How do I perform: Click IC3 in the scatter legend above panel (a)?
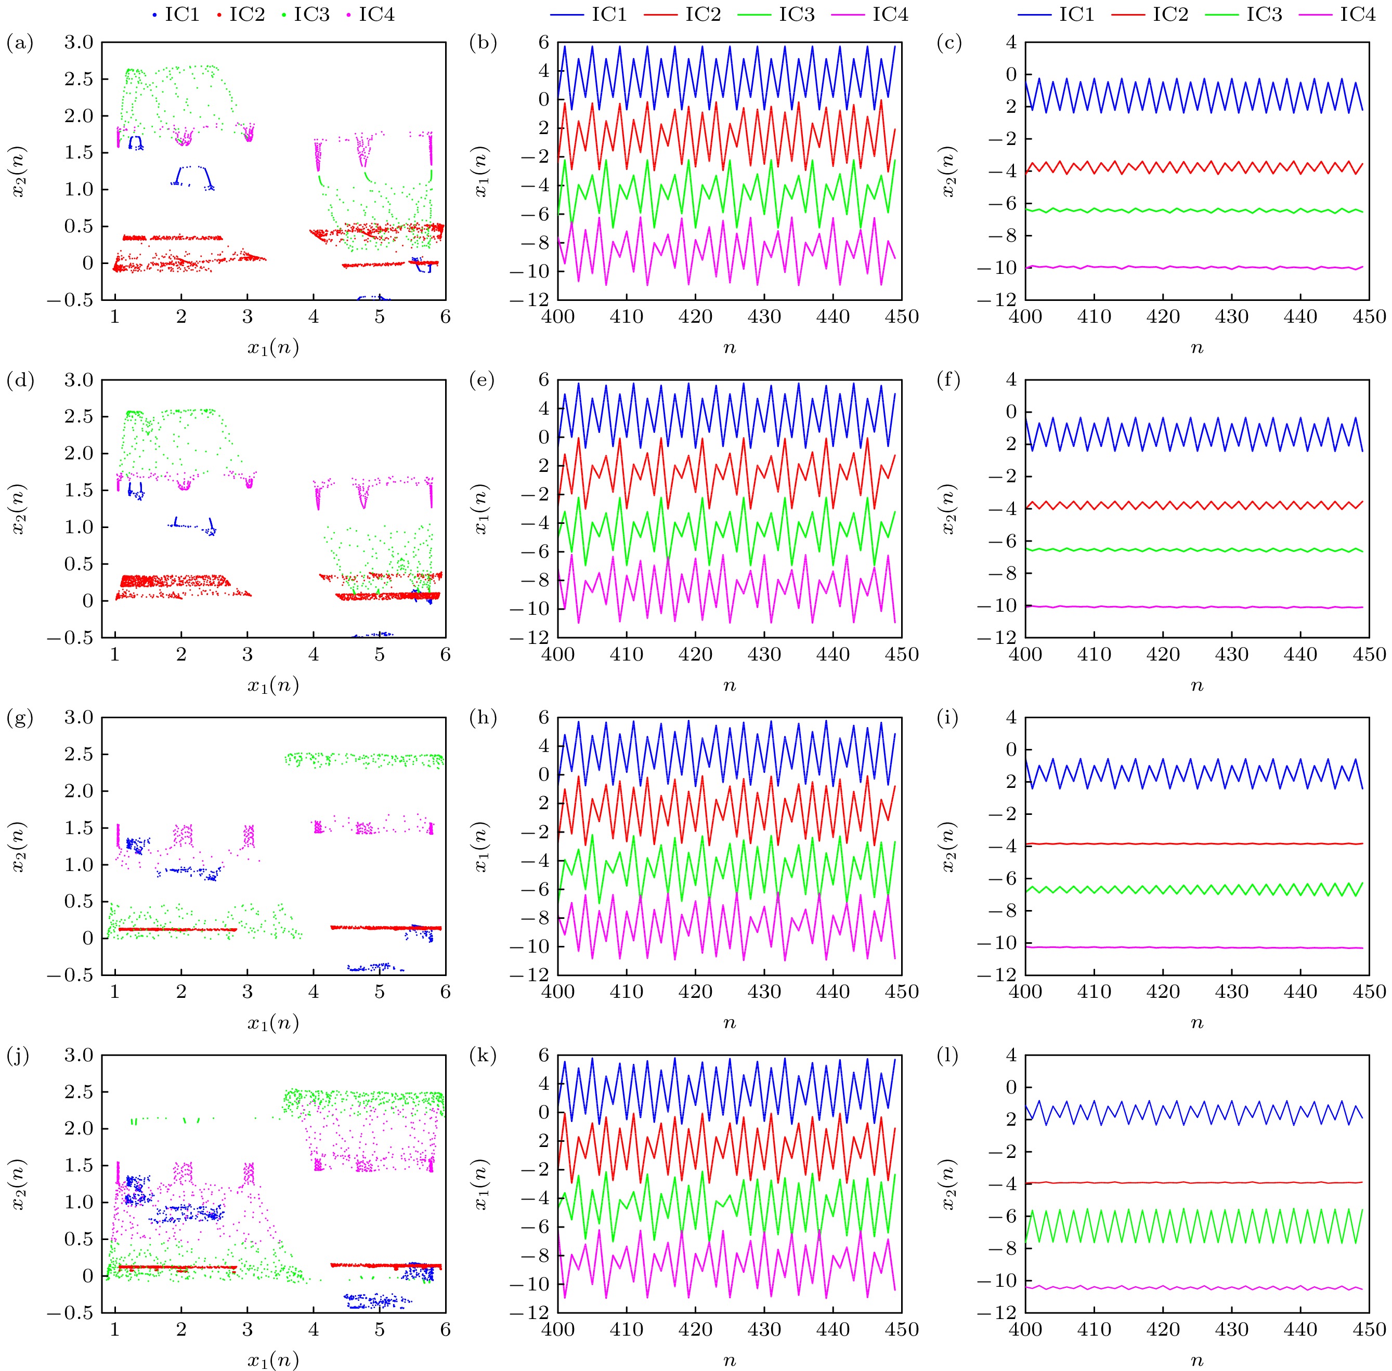pos(311,15)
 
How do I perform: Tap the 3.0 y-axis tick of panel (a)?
pos(79,43)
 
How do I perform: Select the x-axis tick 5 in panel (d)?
pos(380,654)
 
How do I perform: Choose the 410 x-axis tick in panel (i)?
pos(1094,992)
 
